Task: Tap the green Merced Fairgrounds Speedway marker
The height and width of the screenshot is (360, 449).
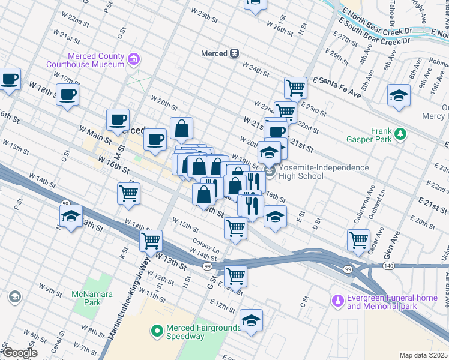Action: click(x=157, y=329)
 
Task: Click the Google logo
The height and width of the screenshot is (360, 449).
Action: click(x=19, y=353)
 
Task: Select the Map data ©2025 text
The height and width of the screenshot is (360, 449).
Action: click(x=424, y=355)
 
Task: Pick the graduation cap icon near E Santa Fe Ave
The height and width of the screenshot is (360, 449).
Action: click(x=399, y=96)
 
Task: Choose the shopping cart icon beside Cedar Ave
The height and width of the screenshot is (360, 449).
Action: click(x=358, y=239)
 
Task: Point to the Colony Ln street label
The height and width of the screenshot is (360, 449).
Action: click(x=206, y=246)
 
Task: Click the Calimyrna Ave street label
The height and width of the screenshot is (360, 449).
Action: click(x=364, y=203)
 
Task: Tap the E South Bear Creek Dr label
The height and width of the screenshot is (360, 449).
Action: click(x=375, y=34)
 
